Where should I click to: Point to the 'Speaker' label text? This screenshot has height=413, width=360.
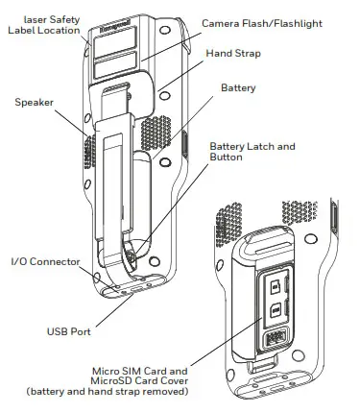(35, 101)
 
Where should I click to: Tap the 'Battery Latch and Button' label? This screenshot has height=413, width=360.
(252, 153)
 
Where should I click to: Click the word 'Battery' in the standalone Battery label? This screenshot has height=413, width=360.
(239, 87)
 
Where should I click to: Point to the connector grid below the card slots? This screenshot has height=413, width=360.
(274, 337)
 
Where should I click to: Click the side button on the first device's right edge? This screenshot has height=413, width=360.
(182, 144)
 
